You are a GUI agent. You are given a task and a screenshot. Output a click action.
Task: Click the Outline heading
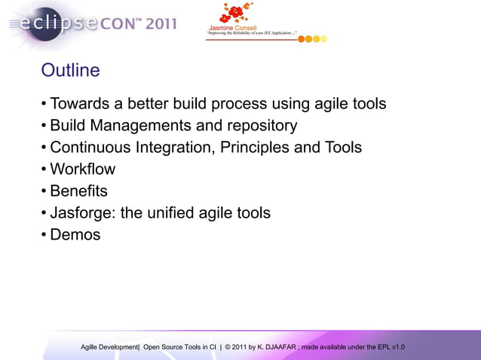tap(70, 71)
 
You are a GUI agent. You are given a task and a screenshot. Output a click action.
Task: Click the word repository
tap(259, 126)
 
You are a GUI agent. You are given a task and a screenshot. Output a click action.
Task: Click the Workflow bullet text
tap(83, 169)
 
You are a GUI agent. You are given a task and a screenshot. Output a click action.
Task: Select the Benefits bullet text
tap(78, 191)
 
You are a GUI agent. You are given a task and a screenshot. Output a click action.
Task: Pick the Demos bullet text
tap(75, 235)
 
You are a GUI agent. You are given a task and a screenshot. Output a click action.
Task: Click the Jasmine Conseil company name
tap(235, 29)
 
